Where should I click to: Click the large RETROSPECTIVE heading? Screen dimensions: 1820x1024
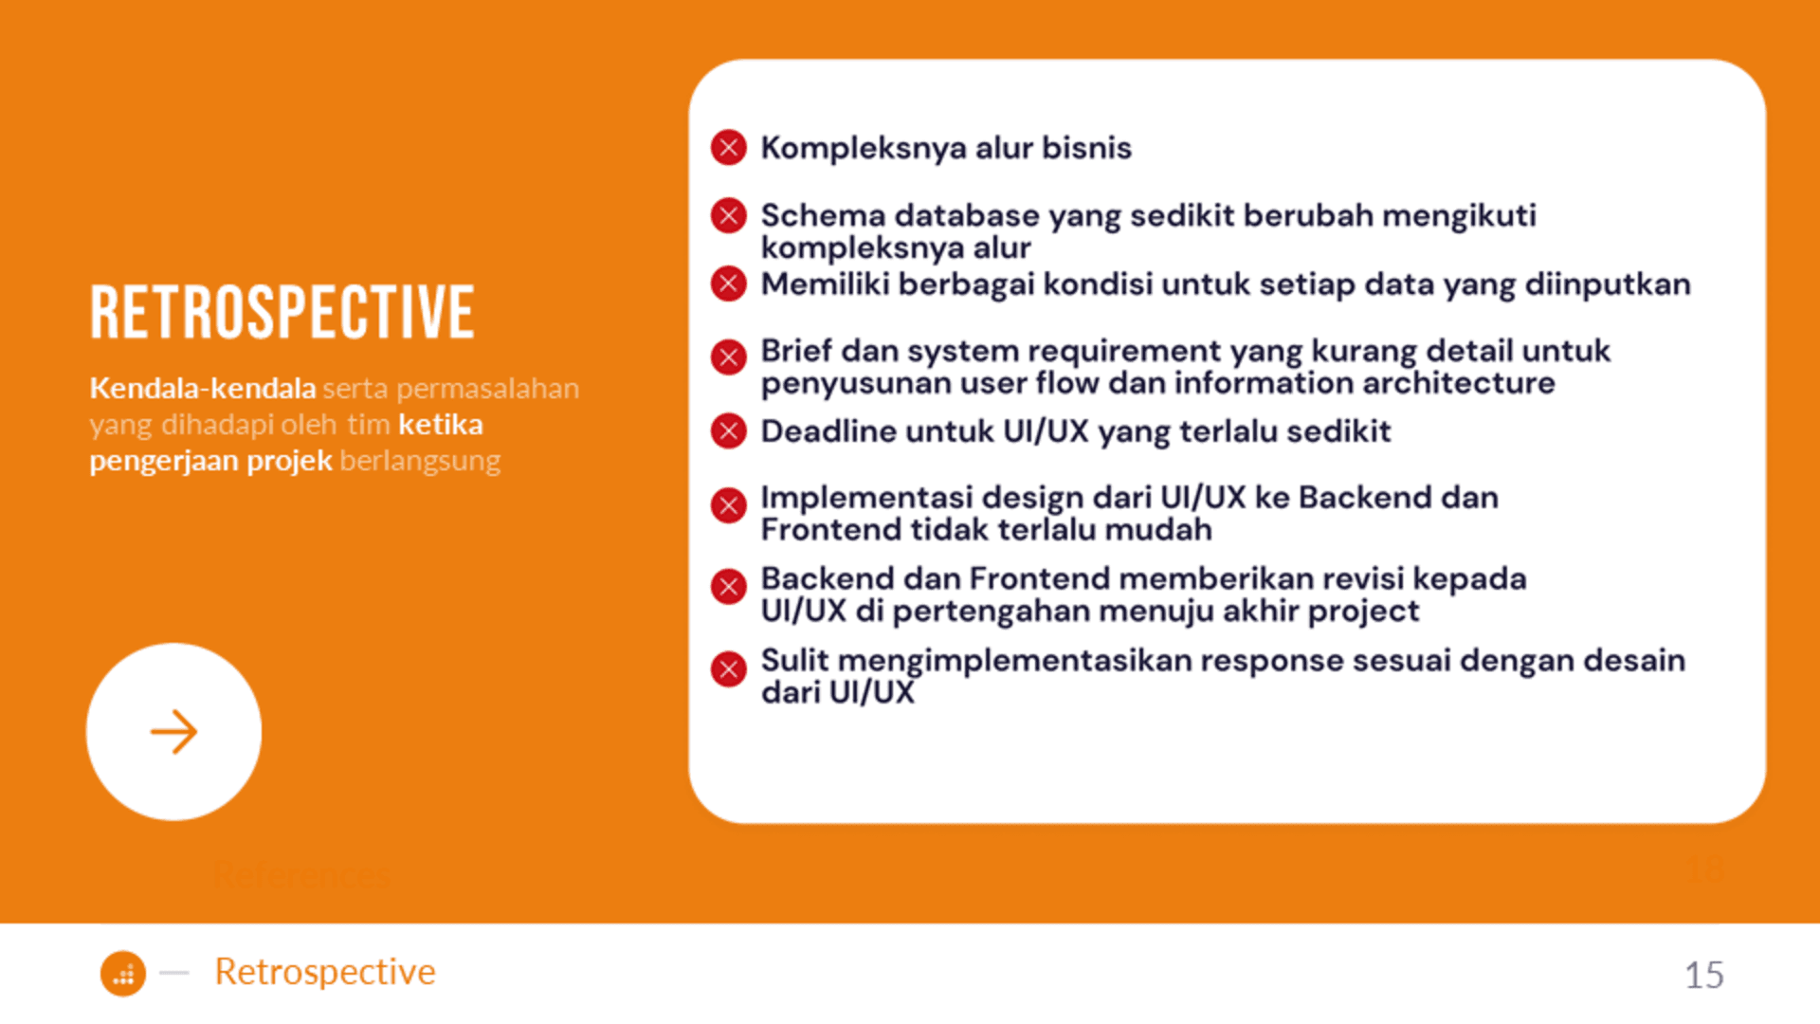pyautogui.click(x=282, y=312)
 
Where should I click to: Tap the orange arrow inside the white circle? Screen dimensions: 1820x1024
pyautogui.click(x=173, y=732)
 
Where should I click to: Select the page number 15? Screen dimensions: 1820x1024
pyautogui.click(x=1703, y=975)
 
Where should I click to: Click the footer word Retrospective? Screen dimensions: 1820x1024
pyautogui.click(x=325, y=972)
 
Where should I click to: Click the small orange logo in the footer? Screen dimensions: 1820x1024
pyautogui.click(x=123, y=974)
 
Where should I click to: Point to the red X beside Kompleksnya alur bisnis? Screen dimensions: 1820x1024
pyautogui.click(x=729, y=148)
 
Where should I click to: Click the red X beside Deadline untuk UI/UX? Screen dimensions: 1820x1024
pyautogui.click(x=729, y=431)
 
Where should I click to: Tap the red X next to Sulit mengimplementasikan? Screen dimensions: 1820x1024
pyautogui.click(x=729, y=669)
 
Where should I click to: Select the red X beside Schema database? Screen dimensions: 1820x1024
pyautogui.click(x=729, y=216)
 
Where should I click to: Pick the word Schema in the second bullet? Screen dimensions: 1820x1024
pyautogui.click(x=824, y=215)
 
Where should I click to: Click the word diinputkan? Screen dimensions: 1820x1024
pyautogui.click(x=1608, y=283)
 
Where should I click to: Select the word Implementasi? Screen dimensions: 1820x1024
pyautogui.click(x=866, y=498)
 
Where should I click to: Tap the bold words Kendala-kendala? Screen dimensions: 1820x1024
pyautogui.click(x=203, y=388)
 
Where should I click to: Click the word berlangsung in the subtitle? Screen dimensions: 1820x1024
pyautogui.click(x=420, y=461)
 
